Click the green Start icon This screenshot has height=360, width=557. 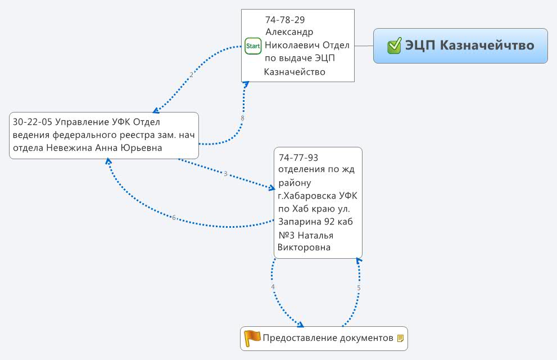(253, 46)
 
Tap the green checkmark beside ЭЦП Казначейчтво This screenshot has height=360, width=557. (394, 46)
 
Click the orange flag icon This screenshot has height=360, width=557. (252, 337)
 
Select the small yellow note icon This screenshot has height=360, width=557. (400, 339)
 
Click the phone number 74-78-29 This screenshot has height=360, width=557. (285, 20)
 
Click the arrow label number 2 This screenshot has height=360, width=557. (191, 74)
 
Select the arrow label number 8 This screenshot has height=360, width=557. (242, 118)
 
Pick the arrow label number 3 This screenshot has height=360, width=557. (225, 174)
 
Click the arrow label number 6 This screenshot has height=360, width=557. (174, 218)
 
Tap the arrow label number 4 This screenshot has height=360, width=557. (273, 287)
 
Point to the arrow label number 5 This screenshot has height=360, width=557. (359, 288)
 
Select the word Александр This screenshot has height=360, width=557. (289, 32)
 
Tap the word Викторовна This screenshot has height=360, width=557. (304, 247)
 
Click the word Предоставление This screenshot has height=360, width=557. (300, 338)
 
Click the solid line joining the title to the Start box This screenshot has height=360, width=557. (364, 46)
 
